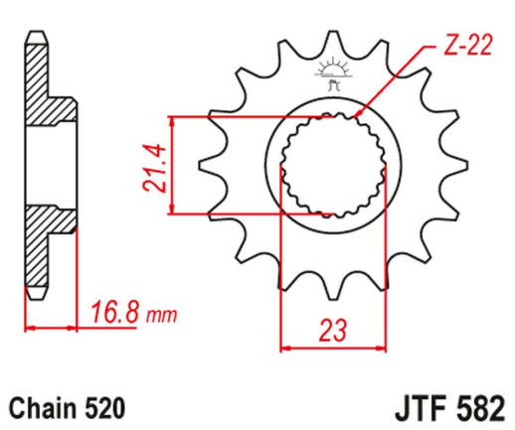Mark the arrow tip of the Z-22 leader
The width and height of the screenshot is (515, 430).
(x=356, y=121)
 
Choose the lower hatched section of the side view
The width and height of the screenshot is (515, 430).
(x=40, y=248)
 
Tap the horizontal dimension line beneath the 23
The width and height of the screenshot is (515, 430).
(x=329, y=347)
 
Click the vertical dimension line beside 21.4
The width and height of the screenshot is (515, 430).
(x=174, y=165)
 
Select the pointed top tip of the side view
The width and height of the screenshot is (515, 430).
(x=36, y=35)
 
